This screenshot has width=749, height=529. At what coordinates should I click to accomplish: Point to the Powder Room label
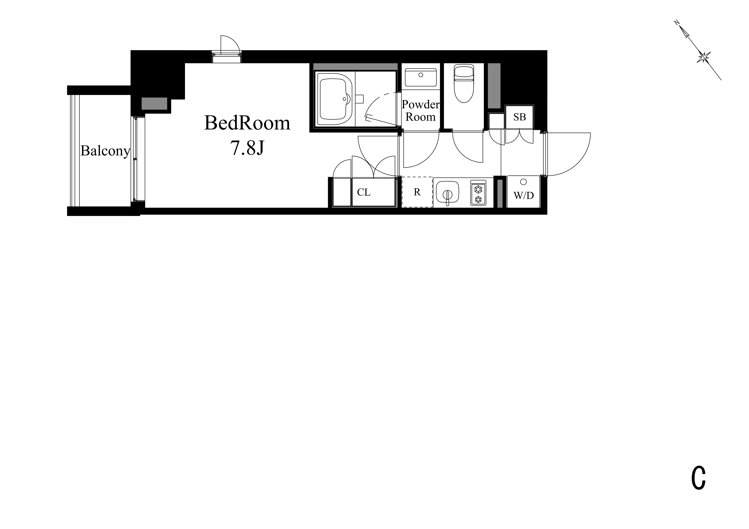[x=420, y=111]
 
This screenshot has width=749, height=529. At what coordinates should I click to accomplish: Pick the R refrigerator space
[x=417, y=192]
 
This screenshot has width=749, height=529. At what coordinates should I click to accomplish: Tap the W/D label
[x=524, y=195]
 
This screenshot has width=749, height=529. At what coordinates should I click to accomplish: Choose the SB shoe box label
[x=520, y=117]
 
